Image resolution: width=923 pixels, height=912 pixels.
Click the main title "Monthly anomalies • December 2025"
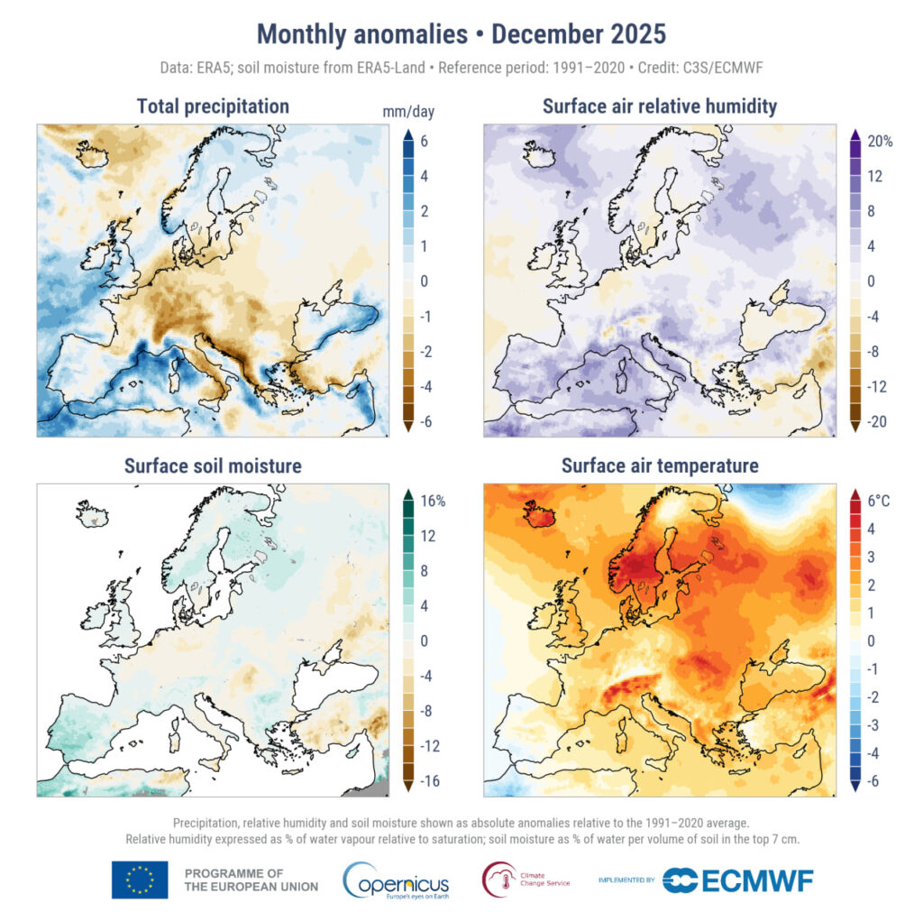tap(461, 34)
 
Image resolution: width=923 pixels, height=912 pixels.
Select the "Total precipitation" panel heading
tap(213, 106)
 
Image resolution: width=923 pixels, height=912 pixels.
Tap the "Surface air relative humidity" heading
tap(659, 106)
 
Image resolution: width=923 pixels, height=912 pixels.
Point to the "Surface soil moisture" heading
tap(213, 466)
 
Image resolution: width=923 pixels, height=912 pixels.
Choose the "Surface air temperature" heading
tap(659, 466)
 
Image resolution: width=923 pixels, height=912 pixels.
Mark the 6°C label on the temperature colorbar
tap(879, 501)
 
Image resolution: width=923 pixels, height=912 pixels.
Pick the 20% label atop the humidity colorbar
tap(880, 142)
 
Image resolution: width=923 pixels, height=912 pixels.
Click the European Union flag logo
tap(140, 880)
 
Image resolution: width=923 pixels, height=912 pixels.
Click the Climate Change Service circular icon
tap(499, 879)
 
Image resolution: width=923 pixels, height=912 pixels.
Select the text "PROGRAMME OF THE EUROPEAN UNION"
tap(251, 880)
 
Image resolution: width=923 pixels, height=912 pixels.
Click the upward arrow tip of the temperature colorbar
tap(854, 493)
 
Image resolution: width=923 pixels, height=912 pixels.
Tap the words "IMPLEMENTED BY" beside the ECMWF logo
tap(627, 880)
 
